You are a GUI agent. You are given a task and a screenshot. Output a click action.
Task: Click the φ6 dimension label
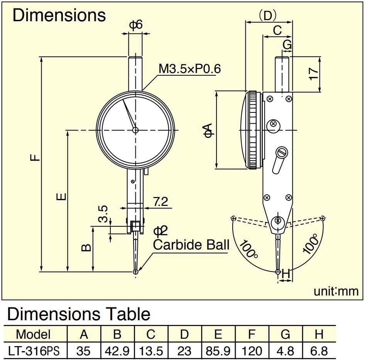[x=136, y=25]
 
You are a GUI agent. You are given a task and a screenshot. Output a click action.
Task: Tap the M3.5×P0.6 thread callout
[x=189, y=69]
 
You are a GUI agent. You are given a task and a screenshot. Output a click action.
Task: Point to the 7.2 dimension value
[x=161, y=202]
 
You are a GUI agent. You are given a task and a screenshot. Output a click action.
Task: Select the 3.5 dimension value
[x=103, y=214]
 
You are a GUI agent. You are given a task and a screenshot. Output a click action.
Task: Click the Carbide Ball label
[x=191, y=245]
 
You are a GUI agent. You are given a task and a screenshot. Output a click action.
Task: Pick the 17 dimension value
[x=314, y=74]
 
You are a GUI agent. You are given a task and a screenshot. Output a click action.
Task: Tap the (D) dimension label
[x=268, y=15]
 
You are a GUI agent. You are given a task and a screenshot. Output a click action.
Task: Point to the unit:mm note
[x=336, y=291]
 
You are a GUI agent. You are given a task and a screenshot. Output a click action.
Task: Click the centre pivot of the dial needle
[x=135, y=130]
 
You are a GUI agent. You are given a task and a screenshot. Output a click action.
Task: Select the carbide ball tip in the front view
[x=135, y=272]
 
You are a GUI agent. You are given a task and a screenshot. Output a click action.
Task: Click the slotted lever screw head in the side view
[x=282, y=153]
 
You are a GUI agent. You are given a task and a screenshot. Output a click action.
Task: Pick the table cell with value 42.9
[x=117, y=351]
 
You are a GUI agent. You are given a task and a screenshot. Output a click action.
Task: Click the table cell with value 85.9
[x=218, y=351]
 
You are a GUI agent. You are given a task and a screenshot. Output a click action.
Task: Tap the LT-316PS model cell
[x=34, y=351]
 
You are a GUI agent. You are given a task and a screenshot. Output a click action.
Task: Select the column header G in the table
[x=286, y=335]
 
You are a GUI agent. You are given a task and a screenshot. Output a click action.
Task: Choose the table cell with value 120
[x=252, y=351]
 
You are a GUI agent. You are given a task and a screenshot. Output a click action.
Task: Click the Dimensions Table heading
[x=79, y=314]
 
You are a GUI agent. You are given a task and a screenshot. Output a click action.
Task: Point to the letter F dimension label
[x=35, y=157]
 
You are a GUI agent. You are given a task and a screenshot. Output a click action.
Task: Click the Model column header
[x=33, y=335]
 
